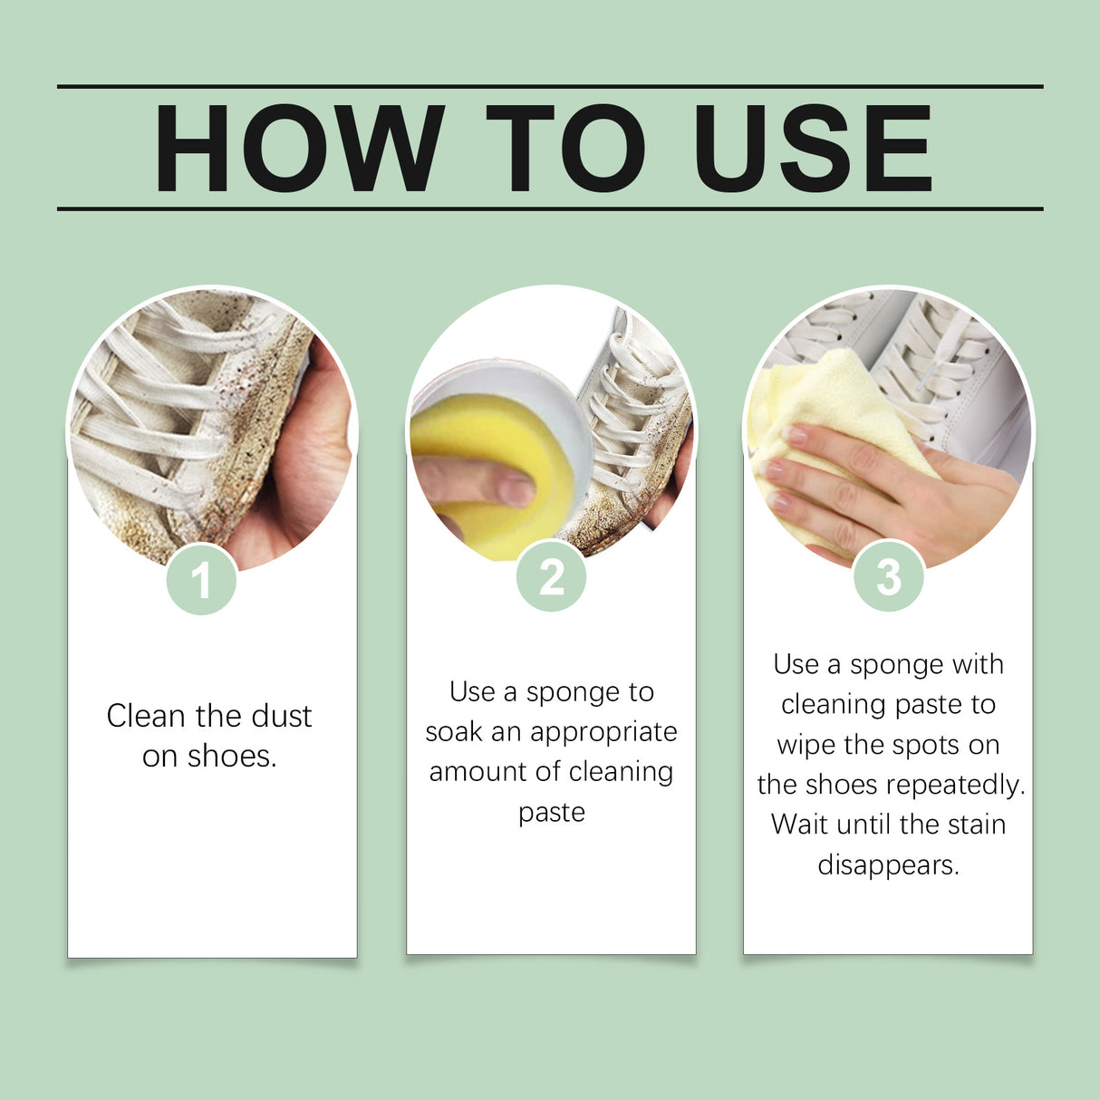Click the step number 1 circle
pos(201,580)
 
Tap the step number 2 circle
pos(551,576)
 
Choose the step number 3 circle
pos(888,576)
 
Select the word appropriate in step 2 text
pos(603,732)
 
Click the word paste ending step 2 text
pos(551,813)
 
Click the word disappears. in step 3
pos(888,865)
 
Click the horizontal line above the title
pos(550,87)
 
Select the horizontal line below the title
pos(550,208)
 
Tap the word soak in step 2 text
pos(454,732)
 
